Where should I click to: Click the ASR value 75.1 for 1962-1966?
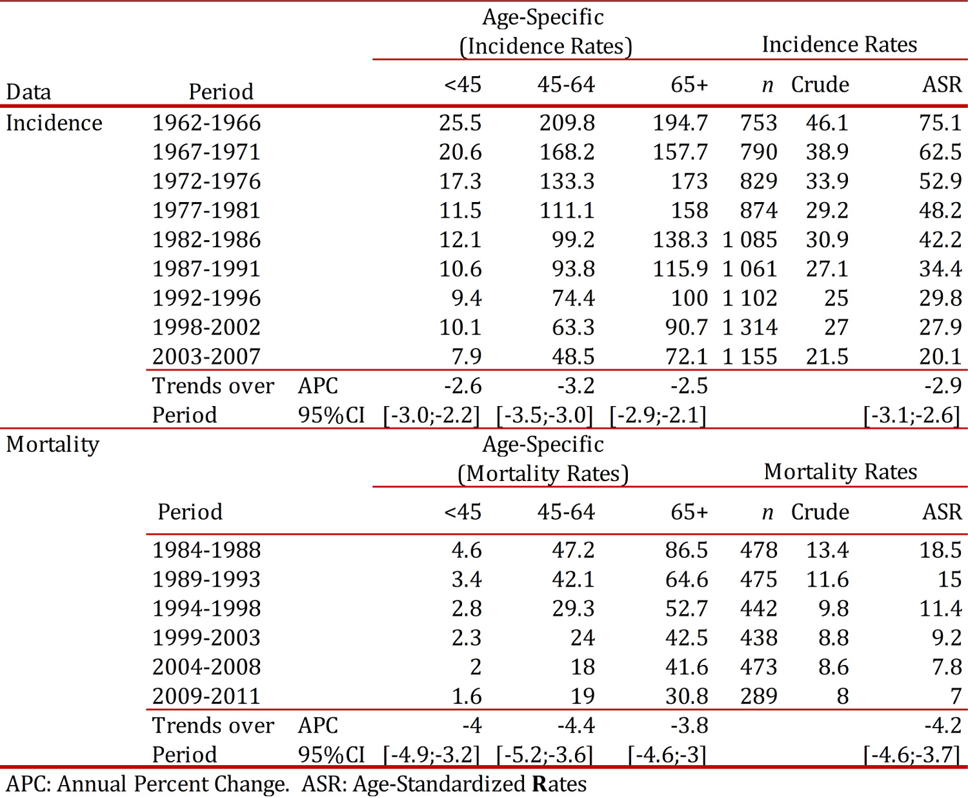pos(940,123)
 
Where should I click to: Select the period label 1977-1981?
pos(207,210)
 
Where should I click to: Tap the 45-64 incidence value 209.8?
pos(567,123)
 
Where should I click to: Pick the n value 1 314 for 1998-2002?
pos(750,327)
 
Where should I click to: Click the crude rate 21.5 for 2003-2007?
pos(827,356)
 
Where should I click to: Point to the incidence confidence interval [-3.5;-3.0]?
pos(544,415)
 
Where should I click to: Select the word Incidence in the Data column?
pos(54,123)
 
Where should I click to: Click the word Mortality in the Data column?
pos(53,444)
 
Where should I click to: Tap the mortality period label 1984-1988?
pos(207,550)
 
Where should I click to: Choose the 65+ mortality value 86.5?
pos(686,550)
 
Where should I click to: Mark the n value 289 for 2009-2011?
pos(758,696)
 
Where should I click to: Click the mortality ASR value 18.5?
pos(940,550)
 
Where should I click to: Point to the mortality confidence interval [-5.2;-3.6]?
pos(544,755)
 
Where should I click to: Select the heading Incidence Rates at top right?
pos(839,45)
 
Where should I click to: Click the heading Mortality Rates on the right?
pos(840,472)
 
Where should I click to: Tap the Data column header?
pos(28,92)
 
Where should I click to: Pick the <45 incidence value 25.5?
pos(460,123)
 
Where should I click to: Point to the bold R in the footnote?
pos(539,784)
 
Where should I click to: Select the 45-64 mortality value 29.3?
pos(573,608)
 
